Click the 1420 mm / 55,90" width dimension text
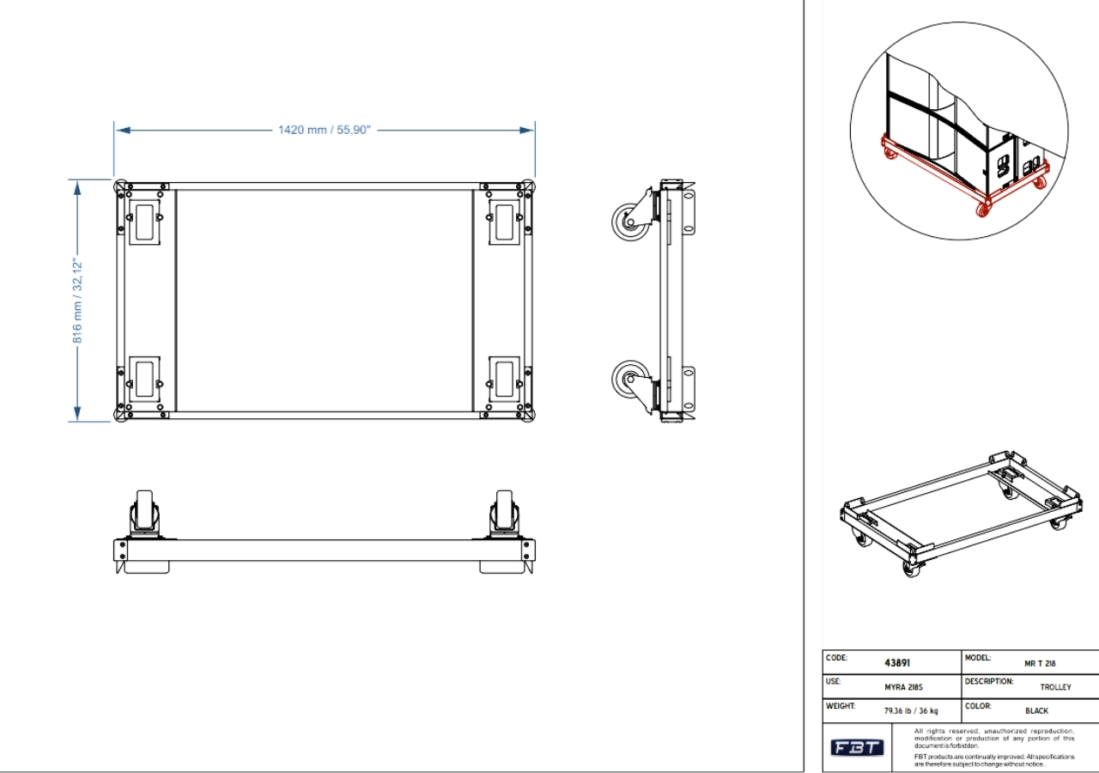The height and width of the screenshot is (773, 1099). click(x=324, y=130)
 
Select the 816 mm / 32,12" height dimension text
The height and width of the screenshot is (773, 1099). click(x=77, y=300)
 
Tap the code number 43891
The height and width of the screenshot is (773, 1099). click(x=897, y=663)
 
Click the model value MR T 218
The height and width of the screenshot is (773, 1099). click(x=1040, y=664)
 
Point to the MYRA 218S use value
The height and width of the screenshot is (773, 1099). click(x=903, y=687)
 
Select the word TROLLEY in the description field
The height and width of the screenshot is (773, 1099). click(x=1055, y=687)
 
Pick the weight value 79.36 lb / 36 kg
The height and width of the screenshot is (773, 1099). click(x=911, y=711)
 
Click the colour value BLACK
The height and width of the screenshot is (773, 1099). click(x=1036, y=711)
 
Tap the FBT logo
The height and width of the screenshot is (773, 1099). click(x=857, y=748)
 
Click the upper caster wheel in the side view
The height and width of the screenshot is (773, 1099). click(x=631, y=222)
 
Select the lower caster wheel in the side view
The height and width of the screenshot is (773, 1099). click(x=631, y=379)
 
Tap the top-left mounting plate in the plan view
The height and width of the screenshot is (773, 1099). click(x=143, y=222)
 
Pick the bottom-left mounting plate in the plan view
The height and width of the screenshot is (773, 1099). click(x=143, y=378)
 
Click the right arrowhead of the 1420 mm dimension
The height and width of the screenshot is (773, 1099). click(x=528, y=130)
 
